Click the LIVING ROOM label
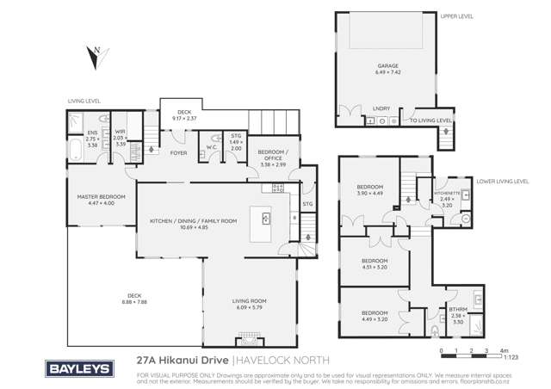point(252,300)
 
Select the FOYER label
point(178,153)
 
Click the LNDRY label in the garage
point(381,108)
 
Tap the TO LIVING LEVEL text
point(430,121)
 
